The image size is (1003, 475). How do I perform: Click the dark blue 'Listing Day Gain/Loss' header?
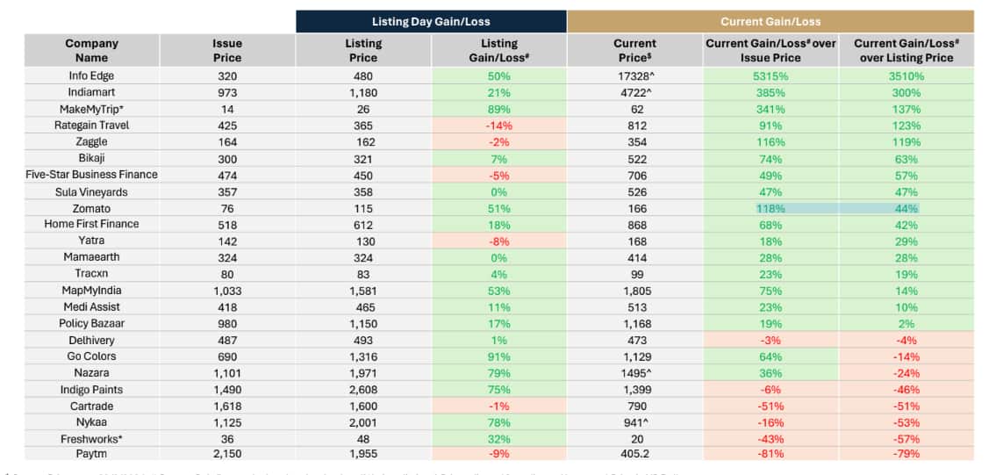click(431, 21)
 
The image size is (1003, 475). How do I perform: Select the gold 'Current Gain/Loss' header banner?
click(770, 21)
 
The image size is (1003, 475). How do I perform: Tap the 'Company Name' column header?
click(91, 50)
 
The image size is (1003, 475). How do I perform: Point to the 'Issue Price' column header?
click(227, 50)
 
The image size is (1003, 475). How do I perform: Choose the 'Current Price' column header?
click(634, 50)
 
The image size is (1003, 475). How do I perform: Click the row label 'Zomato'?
click(91, 208)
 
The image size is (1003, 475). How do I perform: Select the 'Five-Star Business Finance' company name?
click(91, 175)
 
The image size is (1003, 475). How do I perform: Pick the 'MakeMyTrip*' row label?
click(91, 109)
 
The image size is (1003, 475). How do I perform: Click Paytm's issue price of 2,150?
click(227, 453)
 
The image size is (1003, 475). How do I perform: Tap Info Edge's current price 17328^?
click(634, 76)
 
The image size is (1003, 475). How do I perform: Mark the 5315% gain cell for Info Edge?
click(770, 76)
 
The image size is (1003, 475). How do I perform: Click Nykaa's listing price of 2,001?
click(363, 421)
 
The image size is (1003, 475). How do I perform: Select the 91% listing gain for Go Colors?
click(499, 356)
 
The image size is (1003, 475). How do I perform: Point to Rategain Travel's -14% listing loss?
click(499, 126)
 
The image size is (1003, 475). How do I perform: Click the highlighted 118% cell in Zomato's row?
click(770, 208)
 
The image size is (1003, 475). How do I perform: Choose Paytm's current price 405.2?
click(634, 453)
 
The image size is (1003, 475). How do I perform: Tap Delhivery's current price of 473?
click(634, 339)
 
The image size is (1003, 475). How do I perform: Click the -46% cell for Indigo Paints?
click(906, 388)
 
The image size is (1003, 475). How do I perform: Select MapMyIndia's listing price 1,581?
click(363, 290)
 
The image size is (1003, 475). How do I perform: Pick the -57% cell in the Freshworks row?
click(906, 437)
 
